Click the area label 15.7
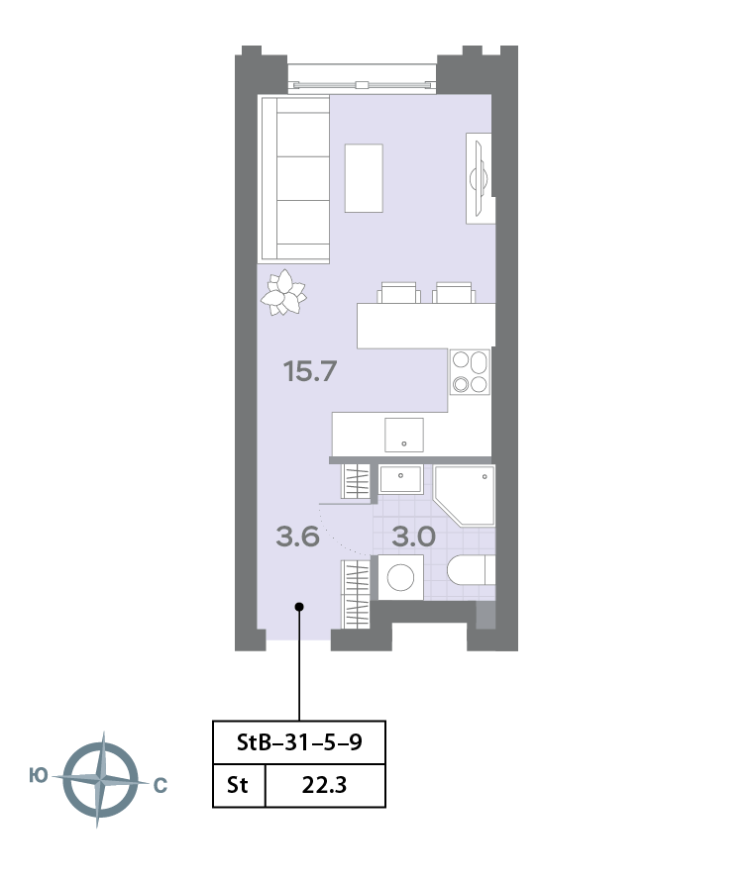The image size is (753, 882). [310, 371]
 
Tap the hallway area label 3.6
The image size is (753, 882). [298, 537]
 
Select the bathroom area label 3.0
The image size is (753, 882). [413, 537]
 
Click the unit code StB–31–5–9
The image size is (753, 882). [299, 742]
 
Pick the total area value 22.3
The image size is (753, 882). [324, 785]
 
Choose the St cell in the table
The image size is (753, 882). [238, 785]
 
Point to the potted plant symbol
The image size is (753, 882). [283, 292]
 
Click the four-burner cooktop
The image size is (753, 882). [471, 372]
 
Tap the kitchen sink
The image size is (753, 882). [404, 435]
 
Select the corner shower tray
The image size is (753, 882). [464, 496]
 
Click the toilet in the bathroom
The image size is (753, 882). [472, 570]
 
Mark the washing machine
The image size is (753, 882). [400, 577]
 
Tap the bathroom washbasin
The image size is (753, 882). [400, 479]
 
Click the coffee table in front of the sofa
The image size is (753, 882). [364, 178]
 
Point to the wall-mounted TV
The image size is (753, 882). [480, 178]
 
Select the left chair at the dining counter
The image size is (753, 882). [398, 292]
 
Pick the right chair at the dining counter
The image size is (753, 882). [454, 292]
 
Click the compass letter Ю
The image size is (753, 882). [39, 776]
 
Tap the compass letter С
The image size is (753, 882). [161, 785]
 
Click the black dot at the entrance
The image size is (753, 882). [299, 607]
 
